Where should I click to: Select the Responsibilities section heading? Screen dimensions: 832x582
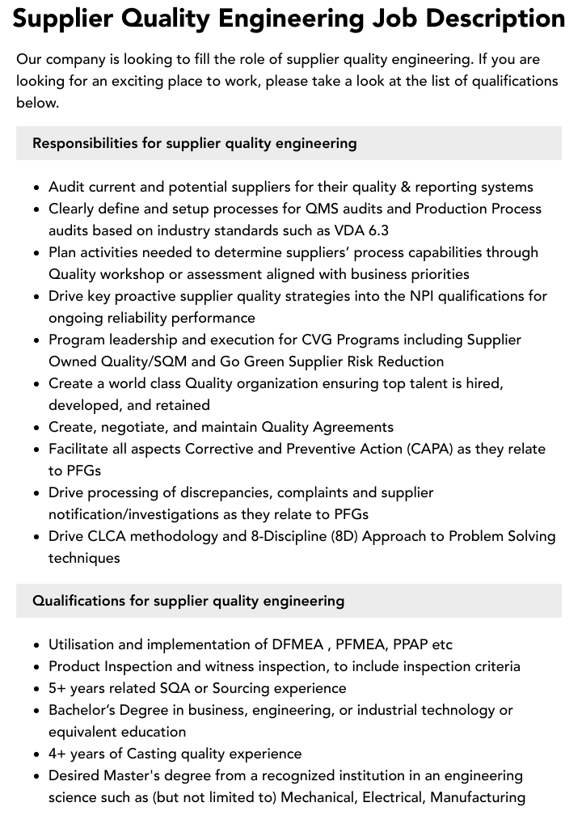(194, 143)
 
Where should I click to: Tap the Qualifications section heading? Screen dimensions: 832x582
(188, 601)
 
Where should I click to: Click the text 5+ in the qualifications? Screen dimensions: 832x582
(58, 688)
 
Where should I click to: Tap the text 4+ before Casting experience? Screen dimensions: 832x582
(58, 754)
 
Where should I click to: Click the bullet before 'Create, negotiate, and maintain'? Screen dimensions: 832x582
(37, 428)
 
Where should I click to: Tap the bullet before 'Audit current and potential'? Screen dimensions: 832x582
(37, 188)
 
